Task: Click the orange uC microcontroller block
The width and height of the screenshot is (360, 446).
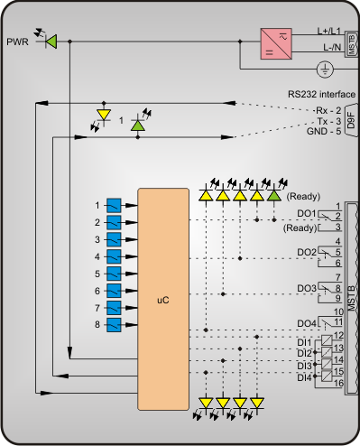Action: coord(163,299)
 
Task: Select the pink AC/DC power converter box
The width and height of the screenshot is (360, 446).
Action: coord(276,44)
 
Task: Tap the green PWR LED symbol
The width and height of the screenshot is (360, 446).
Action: coord(51,42)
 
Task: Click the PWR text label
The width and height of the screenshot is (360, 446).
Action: coord(17,42)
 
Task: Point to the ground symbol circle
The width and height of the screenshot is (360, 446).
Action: coord(325,70)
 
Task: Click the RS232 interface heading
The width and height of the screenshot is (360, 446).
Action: coord(321,94)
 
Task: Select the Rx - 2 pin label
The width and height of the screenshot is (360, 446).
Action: coord(328,110)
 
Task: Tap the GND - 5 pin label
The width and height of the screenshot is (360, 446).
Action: coord(324,131)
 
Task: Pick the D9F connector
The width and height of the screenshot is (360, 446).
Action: coord(351,120)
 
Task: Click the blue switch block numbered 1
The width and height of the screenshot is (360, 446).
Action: coord(114,206)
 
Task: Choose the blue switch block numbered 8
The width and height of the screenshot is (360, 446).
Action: coord(114,325)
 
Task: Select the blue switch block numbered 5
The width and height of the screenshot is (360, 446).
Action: coord(114,274)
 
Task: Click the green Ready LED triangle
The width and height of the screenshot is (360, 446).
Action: coord(274,196)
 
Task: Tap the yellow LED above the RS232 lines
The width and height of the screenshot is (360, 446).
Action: coord(104,115)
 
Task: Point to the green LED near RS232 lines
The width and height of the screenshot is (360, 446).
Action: coord(138,125)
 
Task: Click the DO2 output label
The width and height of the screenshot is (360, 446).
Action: coord(307,252)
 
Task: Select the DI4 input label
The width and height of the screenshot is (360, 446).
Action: coord(304,377)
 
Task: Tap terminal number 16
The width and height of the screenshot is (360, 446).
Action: coord(338,383)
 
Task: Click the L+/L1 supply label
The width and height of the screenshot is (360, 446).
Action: coord(329,31)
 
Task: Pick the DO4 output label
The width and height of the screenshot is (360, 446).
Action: coord(307,323)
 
